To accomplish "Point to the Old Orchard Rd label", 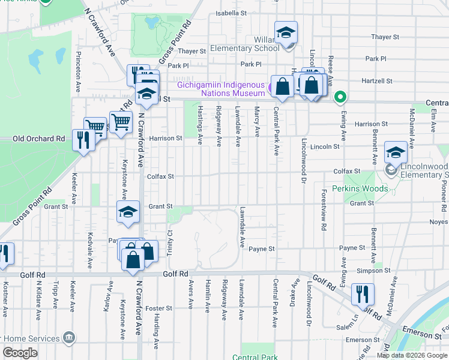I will (38, 139).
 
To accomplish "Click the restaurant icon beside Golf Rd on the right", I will (363, 295).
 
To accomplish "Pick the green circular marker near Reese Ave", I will (340, 96).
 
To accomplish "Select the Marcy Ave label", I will (257, 121).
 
